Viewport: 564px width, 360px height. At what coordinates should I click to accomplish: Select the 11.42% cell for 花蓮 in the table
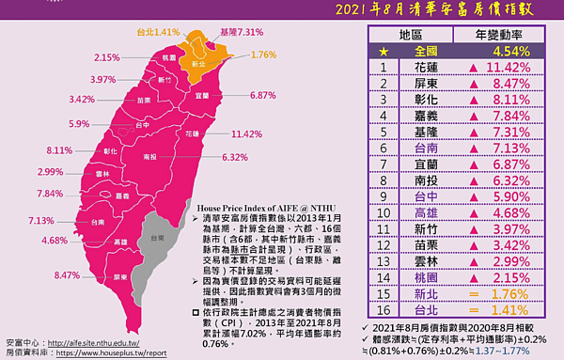point(508,69)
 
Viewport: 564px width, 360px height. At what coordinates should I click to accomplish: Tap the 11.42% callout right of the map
point(253,133)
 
